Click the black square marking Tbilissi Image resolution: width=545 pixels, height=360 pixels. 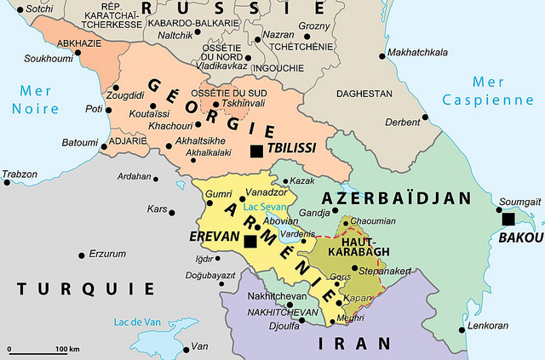256,151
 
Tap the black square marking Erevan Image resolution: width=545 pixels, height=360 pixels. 250,242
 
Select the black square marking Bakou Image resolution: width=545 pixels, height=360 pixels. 508,219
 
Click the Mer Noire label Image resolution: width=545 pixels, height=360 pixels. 35,100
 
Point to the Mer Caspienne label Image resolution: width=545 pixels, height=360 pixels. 489,91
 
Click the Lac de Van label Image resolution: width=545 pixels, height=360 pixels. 136,322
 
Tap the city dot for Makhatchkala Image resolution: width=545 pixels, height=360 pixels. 380,53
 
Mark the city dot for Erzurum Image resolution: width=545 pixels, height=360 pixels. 82,254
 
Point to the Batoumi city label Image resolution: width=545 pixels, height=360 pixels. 80,142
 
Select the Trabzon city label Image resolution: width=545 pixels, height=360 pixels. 20,174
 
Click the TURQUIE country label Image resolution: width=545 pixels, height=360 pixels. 86,289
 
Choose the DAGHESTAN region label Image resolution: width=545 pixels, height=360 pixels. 364,93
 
